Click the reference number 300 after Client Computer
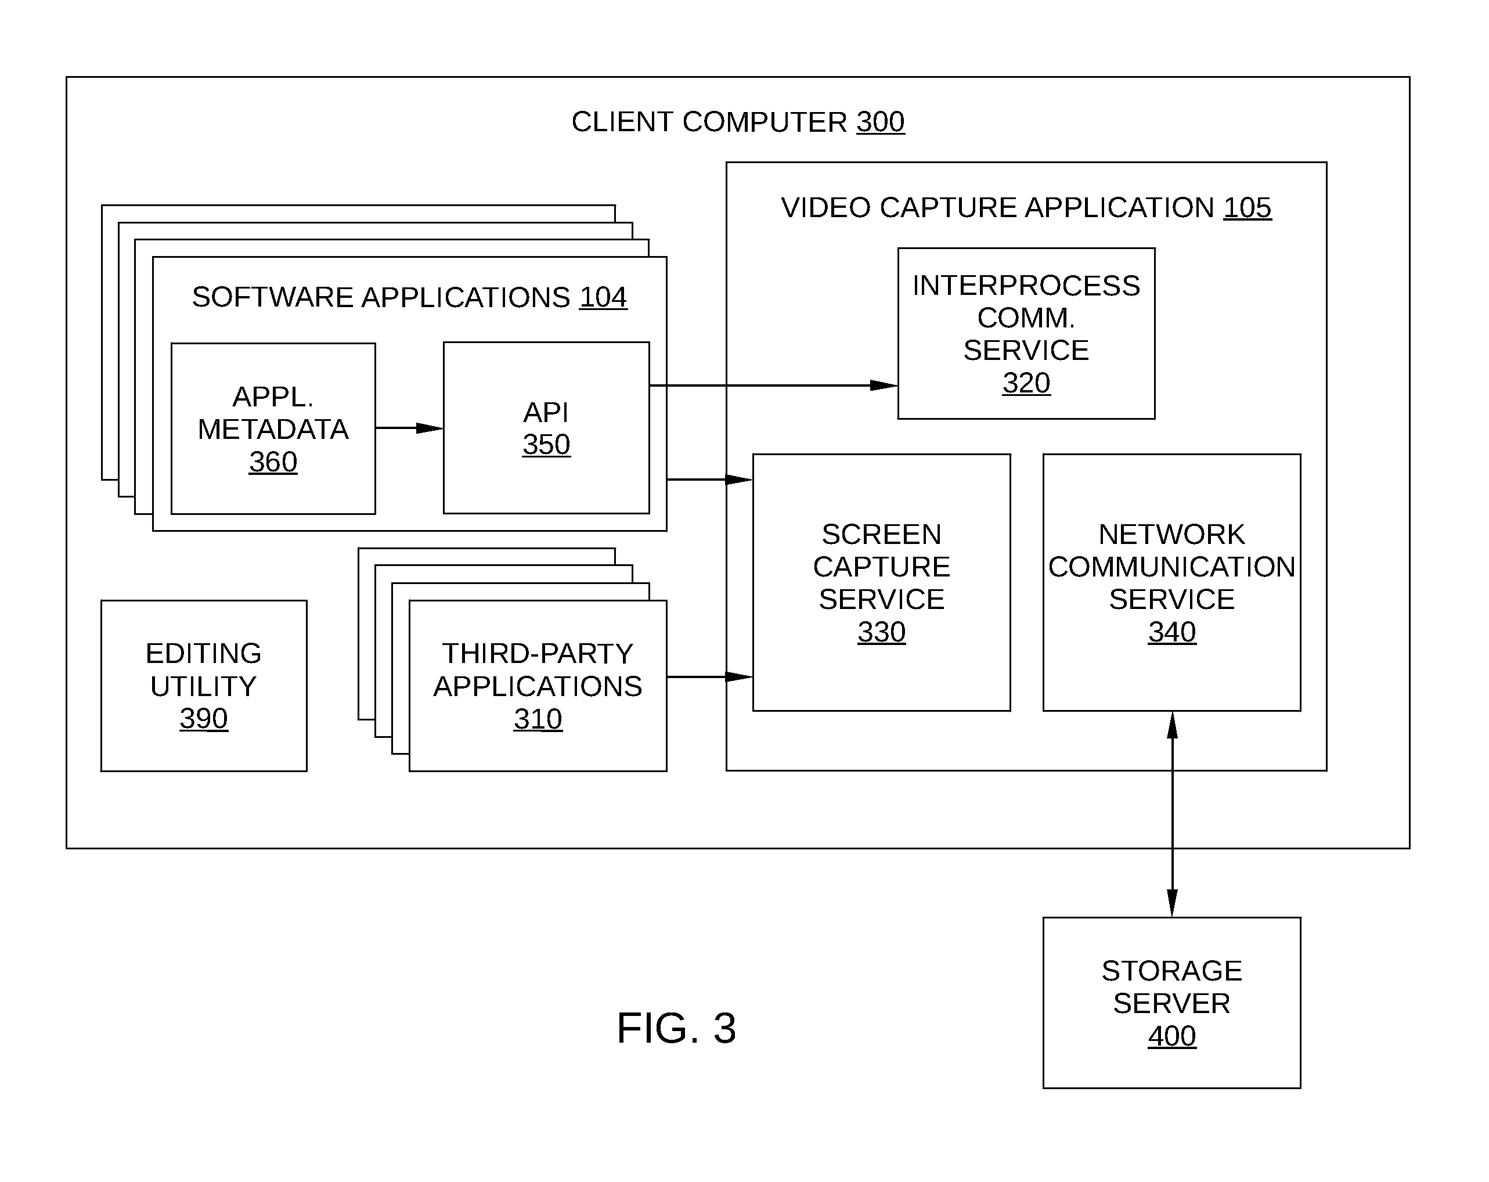click(x=881, y=122)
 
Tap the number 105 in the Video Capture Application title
click(x=1248, y=208)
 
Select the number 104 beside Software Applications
click(x=603, y=298)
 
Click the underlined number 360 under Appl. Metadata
click(x=273, y=462)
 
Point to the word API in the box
click(x=546, y=412)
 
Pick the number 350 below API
click(x=546, y=444)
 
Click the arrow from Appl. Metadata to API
click(x=409, y=428)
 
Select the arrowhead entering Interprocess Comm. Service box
click(x=884, y=385)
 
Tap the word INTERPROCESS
click(x=1026, y=285)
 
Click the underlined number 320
click(x=1026, y=383)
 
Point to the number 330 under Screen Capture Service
click(x=882, y=632)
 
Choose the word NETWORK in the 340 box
click(x=1172, y=534)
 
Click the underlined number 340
click(x=1172, y=632)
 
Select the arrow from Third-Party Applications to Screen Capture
click(x=710, y=677)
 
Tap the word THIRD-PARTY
click(x=538, y=654)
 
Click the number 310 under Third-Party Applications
click(x=538, y=719)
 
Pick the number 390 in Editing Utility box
click(x=204, y=719)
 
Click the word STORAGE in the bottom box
click(x=1172, y=971)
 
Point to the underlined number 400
click(x=1172, y=1036)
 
